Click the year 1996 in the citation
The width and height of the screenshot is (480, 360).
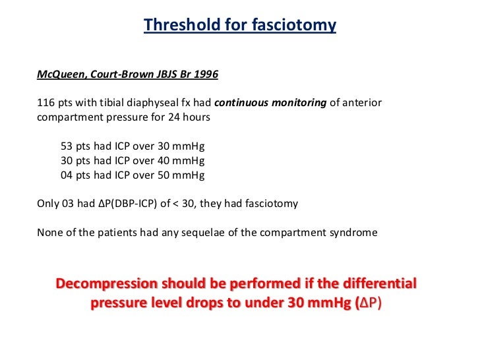[x=205, y=74]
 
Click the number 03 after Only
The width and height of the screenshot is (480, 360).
[x=67, y=204]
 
